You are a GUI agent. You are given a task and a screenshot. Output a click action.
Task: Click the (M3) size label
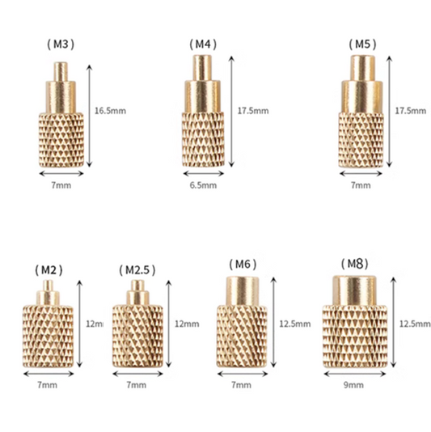[61, 43]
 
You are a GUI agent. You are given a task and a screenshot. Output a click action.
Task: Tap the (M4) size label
[203, 43]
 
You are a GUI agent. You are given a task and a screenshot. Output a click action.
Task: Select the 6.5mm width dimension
[203, 185]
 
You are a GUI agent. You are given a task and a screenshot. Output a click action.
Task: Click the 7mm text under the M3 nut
[61, 184]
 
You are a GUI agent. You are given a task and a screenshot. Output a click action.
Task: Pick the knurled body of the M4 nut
[203, 138]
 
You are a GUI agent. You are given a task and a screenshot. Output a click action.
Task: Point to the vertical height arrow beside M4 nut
[232, 108]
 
